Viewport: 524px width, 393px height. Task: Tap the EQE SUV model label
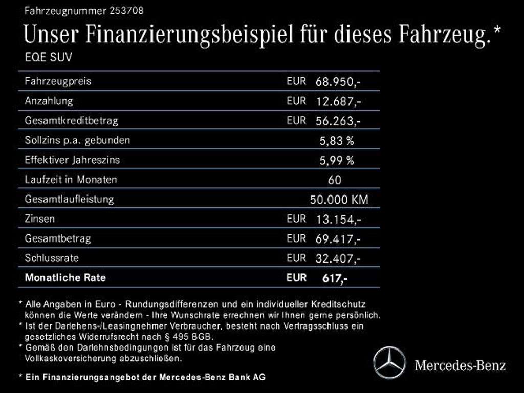point(49,57)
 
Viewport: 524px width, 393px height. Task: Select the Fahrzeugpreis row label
point(58,81)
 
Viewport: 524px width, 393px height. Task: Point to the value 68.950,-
point(338,81)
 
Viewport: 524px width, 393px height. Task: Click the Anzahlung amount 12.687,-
point(338,101)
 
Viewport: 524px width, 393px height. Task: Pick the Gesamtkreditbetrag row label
point(71,121)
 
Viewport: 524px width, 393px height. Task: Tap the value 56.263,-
point(338,121)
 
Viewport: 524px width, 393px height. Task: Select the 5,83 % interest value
point(336,141)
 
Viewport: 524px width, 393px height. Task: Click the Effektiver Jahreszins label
point(72,160)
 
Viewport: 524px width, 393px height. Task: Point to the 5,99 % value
point(336,160)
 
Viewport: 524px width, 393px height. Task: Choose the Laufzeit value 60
point(335,180)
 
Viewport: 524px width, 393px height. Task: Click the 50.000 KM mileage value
point(339,200)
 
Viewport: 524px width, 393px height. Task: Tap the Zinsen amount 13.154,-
point(338,220)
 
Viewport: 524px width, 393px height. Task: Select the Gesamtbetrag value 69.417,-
point(338,239)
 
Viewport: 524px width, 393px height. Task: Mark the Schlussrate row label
point(52,258)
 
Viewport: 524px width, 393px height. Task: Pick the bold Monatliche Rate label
point(65,278)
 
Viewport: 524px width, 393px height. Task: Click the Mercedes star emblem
point(389,363)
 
